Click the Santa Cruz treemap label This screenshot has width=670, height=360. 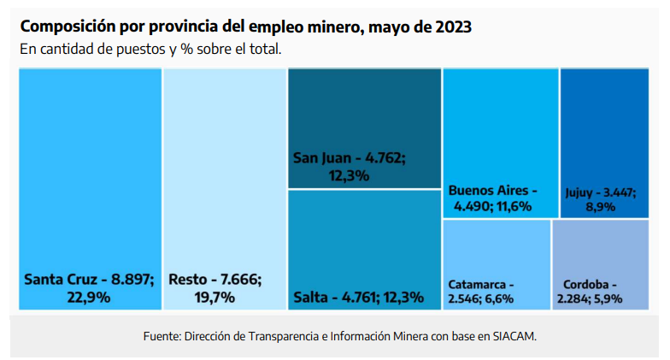[89, 280]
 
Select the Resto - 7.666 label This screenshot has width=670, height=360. [215, 280]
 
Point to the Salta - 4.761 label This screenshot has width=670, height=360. [358, 298]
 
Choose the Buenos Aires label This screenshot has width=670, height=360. [493, 191]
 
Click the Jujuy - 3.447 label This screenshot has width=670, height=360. [600, 192]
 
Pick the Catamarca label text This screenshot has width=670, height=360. [481, 284]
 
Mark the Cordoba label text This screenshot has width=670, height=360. [590, 284]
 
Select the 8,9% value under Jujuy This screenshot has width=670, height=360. [600, 207]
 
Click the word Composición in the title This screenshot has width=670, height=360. [66, 27]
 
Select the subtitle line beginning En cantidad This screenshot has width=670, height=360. [150, 49]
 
